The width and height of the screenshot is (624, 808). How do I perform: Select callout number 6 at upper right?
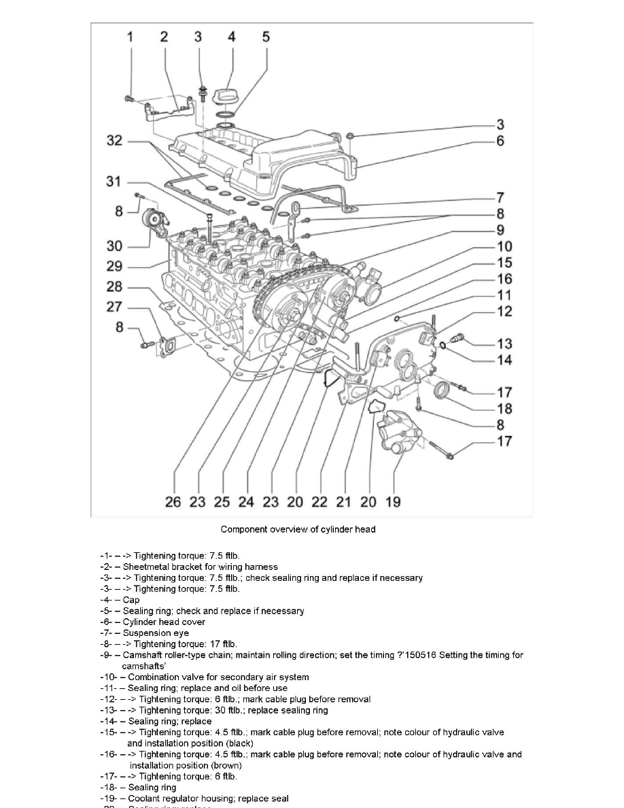click(x=500, y=141)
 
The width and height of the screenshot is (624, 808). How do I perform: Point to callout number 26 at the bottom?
click(x=173, y=502)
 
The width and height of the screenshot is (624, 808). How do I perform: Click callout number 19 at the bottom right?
click(x=393, y=502)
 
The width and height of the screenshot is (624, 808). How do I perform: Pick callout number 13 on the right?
click(x=504, y=344)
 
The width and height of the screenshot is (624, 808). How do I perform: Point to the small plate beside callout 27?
click(x=165, y=346)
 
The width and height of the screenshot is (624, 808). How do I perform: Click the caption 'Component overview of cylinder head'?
click(x=298, y=529)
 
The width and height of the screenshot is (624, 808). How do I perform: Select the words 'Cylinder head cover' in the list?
click(x=164, y=622)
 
